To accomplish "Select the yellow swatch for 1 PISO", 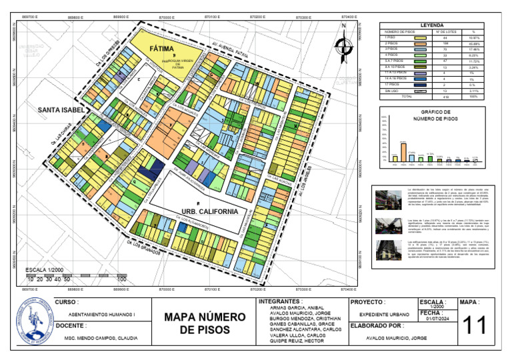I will tap(421, 38).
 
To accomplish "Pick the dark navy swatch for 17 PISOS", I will tap(421, 85).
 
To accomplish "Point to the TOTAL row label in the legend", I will tap(395, 97).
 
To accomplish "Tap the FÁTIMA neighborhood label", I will tap(161, 49).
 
